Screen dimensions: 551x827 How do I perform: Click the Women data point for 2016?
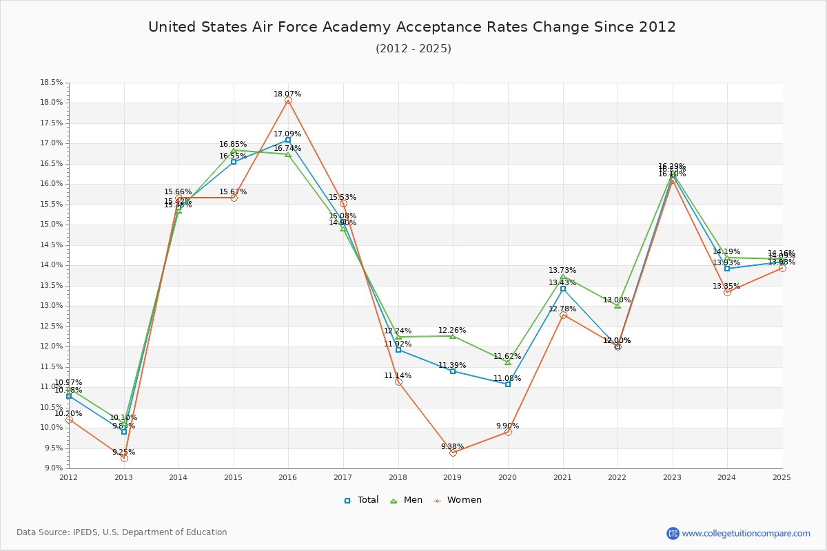click(x=288, y=101)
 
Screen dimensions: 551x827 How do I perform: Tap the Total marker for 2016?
click(x=288, y=140)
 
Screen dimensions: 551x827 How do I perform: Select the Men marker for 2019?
click(x=453, y=336)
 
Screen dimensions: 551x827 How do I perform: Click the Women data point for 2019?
click(x=453, y=453)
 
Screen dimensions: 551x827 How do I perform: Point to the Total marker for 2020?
click(x=508, y=384)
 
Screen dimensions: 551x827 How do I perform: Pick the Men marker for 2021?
click(x=563, y=277)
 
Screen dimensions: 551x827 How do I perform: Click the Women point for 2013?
click(x=124, y=458)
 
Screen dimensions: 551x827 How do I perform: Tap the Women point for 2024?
click(x=727, y=292)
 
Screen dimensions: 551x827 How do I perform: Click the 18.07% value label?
click(x=287, y=94)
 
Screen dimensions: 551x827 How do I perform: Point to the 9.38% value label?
click(x=452, y=447)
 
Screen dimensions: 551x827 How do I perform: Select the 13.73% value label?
click(x=562, y=271)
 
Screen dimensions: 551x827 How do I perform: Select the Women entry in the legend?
click(x=458, y=500)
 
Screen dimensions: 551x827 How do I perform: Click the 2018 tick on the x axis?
click(x=398, y=477)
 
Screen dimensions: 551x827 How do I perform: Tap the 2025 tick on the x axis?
click(x=782, y=477)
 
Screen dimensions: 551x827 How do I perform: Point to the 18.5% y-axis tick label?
click(x=52, y=83)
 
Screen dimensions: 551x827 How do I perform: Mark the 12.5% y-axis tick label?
click(x=52, y=326)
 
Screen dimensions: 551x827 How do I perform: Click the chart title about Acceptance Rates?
click(x=412, y=27)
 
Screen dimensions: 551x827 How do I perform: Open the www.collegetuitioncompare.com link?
click(x=746, y=533)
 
